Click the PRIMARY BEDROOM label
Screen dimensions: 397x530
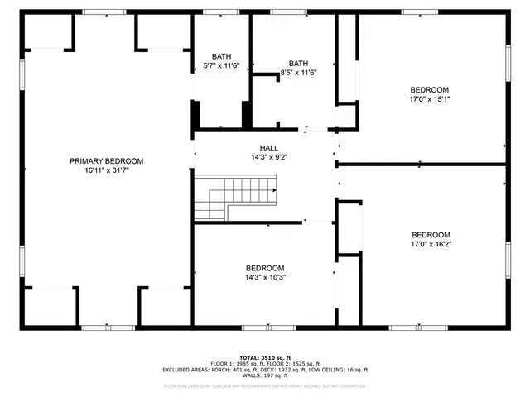click(x=106, y=161)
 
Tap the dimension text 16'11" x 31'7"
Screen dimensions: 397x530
click(x=106, y=171)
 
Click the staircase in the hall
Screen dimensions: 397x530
click(x=236, y=198)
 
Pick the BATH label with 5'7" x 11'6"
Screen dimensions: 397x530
click(x=221, y=56)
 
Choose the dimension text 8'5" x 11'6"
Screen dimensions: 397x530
click(x=299, y=73)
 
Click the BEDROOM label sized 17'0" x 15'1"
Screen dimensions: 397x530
click(x=430, y=90)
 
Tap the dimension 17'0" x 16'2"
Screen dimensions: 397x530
click(x=431, y=243)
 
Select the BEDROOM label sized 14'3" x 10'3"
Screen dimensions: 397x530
click(x=265, y=268)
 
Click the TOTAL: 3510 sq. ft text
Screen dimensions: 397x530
click(x=264, y=356)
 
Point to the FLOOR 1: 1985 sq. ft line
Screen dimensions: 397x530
click(x=264, y=363)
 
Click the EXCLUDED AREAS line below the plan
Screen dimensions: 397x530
click(x=264, y=370)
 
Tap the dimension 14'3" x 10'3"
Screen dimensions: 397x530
click(x=265, y=278)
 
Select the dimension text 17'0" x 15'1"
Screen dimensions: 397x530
click(x=430, y=99)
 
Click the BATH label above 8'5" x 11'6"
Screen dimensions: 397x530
click(x=298, y=64)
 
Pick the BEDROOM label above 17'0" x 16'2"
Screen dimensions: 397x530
click(x=431, y=234)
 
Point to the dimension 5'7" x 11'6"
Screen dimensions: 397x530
click(x=221, y=65)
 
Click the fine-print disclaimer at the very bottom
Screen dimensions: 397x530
click(x=264, y=385)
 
